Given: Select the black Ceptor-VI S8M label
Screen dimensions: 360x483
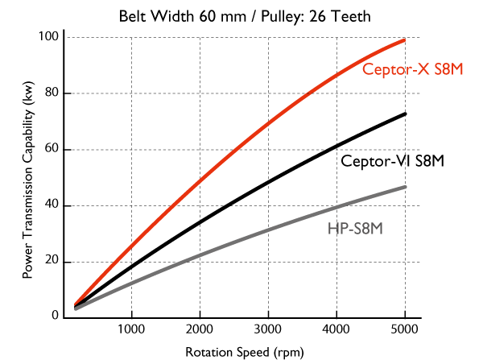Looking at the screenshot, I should click(393, 160).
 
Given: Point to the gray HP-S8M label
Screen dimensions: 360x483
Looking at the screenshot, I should click(355, 228).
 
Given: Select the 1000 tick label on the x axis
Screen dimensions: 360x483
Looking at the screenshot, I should click(130, 329).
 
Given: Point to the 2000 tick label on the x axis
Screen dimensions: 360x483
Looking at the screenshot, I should click(199, 329).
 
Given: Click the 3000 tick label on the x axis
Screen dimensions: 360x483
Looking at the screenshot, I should click(267, 329).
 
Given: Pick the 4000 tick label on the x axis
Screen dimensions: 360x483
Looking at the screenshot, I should click(336, 329).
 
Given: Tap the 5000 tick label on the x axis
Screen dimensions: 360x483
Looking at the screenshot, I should click(404, 329).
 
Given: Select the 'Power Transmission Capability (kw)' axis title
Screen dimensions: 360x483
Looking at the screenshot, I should click(27, 180).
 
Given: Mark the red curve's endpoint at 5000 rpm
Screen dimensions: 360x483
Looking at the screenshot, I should click(404, 40).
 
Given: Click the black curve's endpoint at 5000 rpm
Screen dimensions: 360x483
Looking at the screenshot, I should click(404, 114).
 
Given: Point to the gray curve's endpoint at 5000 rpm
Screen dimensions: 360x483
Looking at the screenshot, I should click(404, 187).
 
